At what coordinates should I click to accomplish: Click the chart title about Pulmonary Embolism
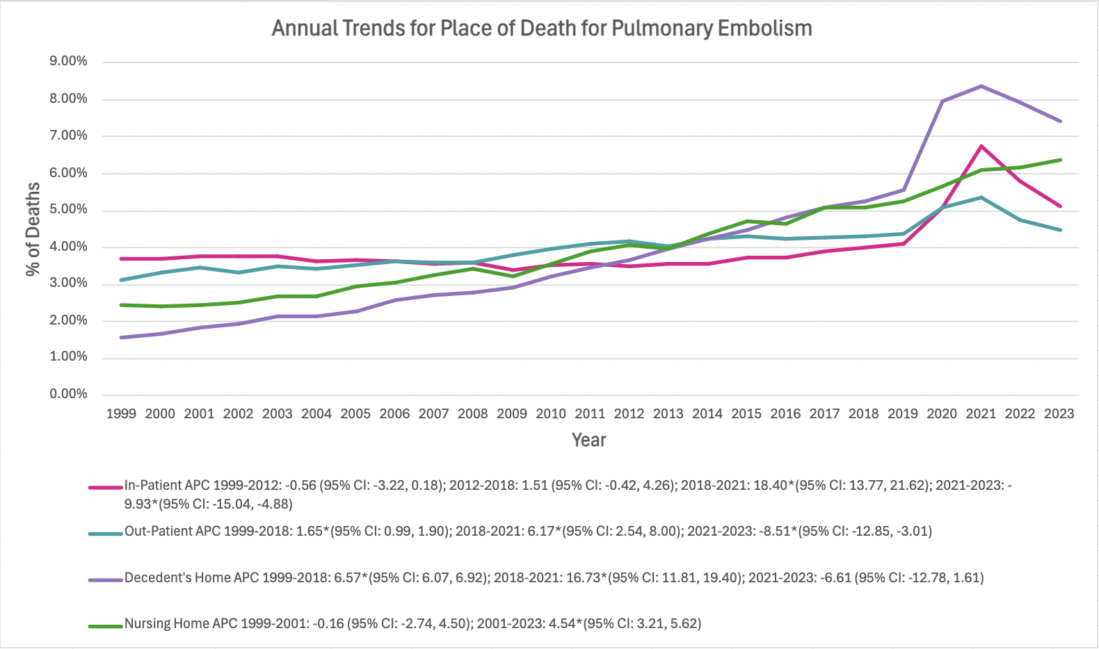(x=542, y=28)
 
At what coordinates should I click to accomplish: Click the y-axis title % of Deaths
(x=33, y=229)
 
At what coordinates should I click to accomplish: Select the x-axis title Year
(x=589, y=440)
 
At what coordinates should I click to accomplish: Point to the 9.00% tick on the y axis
(x=68, y=61)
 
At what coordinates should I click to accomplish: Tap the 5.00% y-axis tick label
(x=68, y=209)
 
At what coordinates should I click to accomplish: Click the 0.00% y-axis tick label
(x=68, y=394)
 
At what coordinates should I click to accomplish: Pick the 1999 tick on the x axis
(x=121, y=413)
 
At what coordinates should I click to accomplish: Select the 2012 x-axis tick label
(x=629, y=413)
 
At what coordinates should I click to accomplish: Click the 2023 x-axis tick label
(x=1059, y=413)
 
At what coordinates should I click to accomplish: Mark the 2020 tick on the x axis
(x=942, y=413)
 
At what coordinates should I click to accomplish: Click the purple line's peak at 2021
(x=981, y=86)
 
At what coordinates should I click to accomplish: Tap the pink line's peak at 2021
(x=981, y=146)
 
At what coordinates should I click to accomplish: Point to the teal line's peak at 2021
(x=981, y=197)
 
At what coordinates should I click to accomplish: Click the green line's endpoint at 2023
(x=1060, y=160)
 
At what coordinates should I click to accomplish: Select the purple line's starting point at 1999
(x=122, y=338)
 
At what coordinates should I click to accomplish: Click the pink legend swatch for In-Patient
(x=106, y=487)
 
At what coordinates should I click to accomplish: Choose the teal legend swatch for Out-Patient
(x=106, y=534)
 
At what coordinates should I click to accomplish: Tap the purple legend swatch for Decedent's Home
(x=106, y=580)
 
